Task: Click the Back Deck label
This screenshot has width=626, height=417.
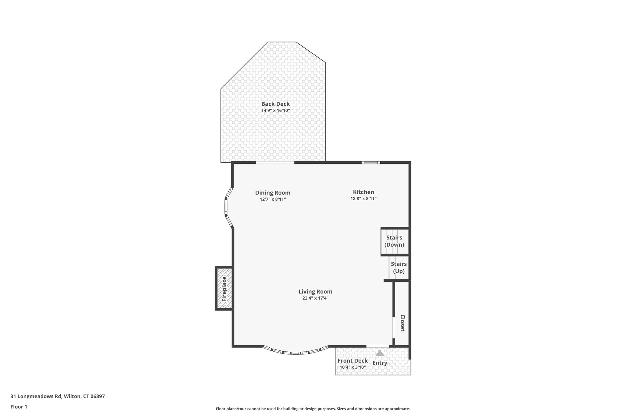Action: [275, 104]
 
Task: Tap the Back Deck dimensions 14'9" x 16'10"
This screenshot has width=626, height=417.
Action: [275, 111]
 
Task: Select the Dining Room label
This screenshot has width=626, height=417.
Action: [273, 193]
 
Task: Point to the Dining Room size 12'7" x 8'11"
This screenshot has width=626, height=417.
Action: [273, 199]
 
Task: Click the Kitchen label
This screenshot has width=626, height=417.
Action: [363, 192]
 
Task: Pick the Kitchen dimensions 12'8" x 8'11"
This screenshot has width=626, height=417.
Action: [363, 199]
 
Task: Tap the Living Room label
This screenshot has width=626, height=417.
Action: [315, 292]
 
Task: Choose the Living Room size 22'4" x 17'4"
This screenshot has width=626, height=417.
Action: [315, 298]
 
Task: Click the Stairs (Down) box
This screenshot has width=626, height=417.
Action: [394, 241]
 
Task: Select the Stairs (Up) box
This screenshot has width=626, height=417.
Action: [399, 268]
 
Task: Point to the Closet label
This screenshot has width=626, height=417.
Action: [402, 323]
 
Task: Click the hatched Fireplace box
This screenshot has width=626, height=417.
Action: [224, 289]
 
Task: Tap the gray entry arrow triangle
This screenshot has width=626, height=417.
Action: [380, 353]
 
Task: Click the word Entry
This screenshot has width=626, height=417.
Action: [380, 363]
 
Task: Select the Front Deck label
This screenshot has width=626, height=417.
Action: [352, 361]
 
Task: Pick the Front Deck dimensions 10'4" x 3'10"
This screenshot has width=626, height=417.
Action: [352, 367]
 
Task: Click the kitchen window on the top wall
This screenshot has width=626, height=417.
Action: [371, 163]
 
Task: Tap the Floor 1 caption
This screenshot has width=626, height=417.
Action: [19, 407]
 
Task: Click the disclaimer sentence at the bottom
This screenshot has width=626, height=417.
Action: [313, 409]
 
